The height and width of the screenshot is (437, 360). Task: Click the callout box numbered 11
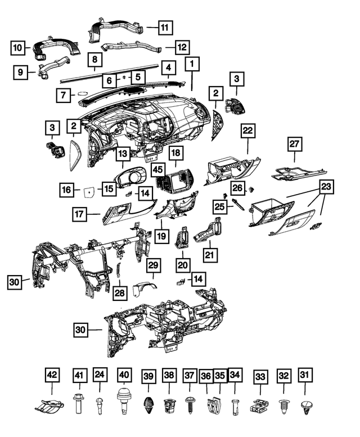point(165,28)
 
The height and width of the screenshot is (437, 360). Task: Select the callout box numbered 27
point(295,144)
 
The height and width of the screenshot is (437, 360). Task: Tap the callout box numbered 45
point(158,169)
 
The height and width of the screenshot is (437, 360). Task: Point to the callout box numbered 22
point(247,130)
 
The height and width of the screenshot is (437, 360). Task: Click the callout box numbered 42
point(52,375)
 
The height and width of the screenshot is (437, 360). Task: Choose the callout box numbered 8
point(94,60)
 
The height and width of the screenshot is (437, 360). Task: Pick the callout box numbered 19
point(161,236)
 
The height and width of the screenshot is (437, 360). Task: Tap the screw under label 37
point(190,403)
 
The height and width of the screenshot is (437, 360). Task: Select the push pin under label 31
point(307,406)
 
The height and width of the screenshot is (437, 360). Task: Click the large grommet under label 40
point(124,400)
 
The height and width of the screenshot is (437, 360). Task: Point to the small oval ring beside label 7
point(83,93)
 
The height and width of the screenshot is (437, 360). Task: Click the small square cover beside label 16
point(89,192)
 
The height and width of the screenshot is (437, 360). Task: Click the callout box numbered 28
point(120,293)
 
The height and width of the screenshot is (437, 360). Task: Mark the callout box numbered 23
point(326,187)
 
